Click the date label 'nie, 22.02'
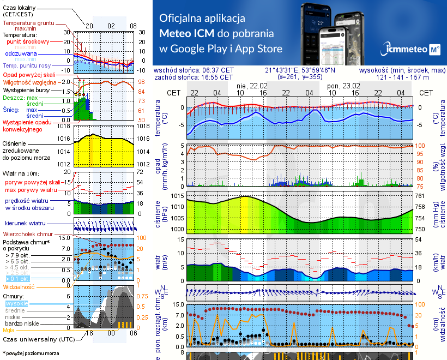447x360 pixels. pyautogui.click(x=252, y=86)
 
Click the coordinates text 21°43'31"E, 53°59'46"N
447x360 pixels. pyautogui.click(x=300, y=70)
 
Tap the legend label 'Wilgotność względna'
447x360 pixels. pyautogui.click(x=27, y=82)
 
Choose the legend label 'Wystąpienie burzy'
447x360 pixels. pyautogui.click(x=25, y=89)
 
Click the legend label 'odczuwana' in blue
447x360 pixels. pyautogui.click(x=21, y=54)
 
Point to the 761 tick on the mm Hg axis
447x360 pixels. pyautogui.click(x=419, y=196)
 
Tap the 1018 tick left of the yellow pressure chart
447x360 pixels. pyautogui.click(x=64, y=126)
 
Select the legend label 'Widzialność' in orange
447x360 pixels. pyautogui.click(x=19, y=286)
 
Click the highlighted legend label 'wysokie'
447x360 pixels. pyautogui.click(x=16, y=303)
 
